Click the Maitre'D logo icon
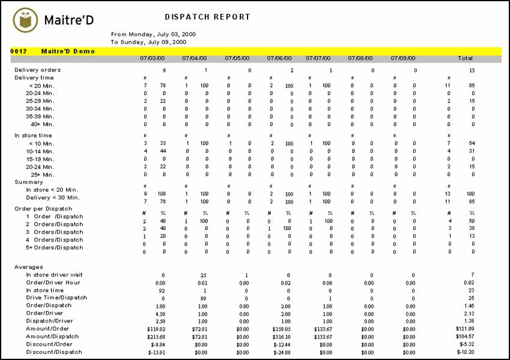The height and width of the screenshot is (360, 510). [25, 20]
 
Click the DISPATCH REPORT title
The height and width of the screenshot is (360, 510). [207, 17]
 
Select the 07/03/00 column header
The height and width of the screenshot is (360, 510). [152, 58]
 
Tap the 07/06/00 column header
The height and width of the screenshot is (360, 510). [279, 58]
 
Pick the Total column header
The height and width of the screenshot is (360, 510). [465, 58]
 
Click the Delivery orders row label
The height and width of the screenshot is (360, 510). [38, 70]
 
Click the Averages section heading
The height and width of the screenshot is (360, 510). [29, 267]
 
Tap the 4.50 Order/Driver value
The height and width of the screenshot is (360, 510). [160, 314]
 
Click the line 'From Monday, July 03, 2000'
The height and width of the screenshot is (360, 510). [153, 34]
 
